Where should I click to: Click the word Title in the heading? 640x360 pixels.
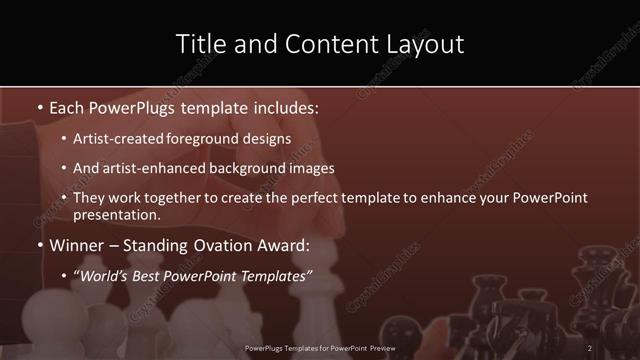(199, 44)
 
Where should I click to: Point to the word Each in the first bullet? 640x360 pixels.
(68, 106)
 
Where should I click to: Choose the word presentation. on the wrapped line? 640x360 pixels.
(117, 215)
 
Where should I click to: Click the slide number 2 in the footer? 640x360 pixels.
(589, 348)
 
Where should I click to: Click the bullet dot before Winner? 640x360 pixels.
(38, 246)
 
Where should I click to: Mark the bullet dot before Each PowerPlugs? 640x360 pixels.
(38, 107)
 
